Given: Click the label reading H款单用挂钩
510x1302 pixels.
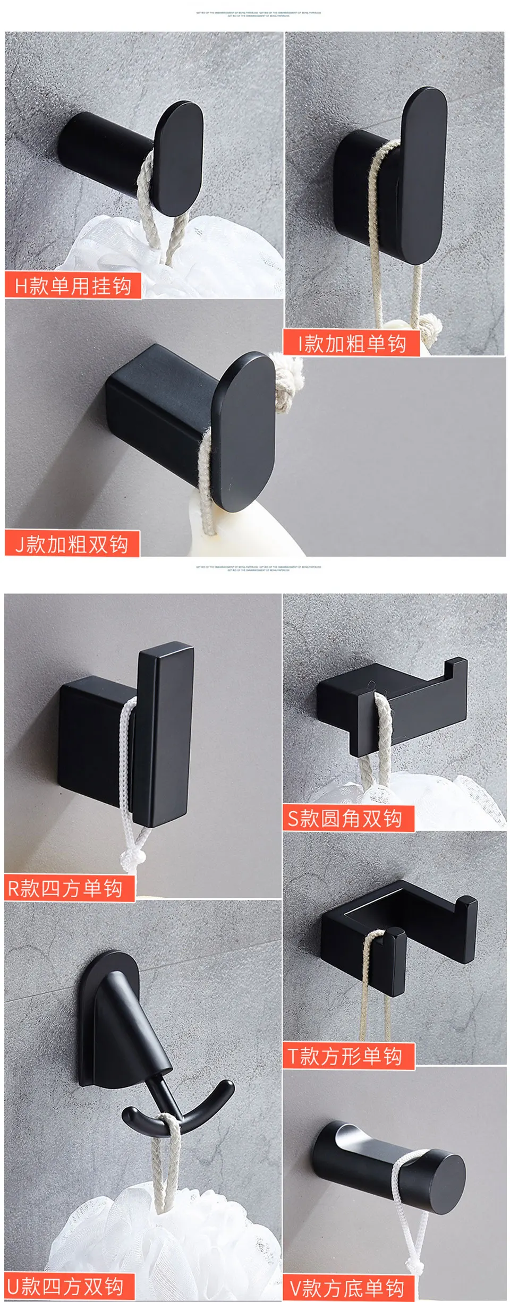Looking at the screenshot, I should tap(73, 286).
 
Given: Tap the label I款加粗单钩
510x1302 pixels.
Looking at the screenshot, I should tap(352, 343).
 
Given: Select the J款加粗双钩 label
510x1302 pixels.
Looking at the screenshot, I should tap(72, 544).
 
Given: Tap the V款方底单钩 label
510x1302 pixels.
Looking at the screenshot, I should tap(347, 1288).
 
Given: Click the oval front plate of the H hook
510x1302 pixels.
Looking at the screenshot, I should tap(178, 157).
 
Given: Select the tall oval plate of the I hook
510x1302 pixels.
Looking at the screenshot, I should tap(424, 175).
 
